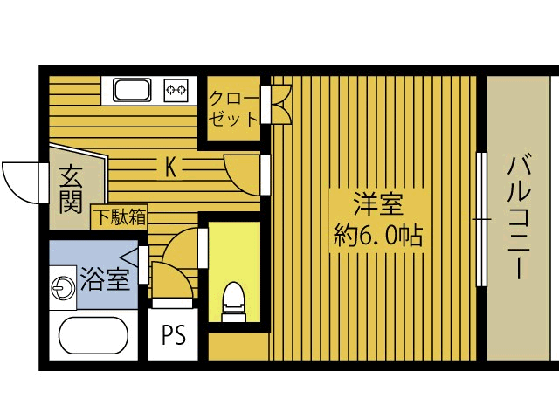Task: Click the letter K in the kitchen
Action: click(x=171, y=167)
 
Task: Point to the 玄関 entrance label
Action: click(x=72, y=189)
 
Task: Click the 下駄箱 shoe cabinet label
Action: click(x=120, y=215)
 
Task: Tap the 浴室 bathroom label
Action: click(x=105, y=279)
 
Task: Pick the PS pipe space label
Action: click(x=174, y=336)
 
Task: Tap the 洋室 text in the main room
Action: click(x=377, y=204)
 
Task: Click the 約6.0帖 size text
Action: click(x=377, y=235)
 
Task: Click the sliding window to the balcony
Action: click(x=480, y=218)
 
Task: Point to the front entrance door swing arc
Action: click(x=19, y=182)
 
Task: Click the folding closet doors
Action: click(x=281, y=102)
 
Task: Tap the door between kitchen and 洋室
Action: click(x=245, y=172)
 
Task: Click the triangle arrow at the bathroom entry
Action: click(x=130, y=257)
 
